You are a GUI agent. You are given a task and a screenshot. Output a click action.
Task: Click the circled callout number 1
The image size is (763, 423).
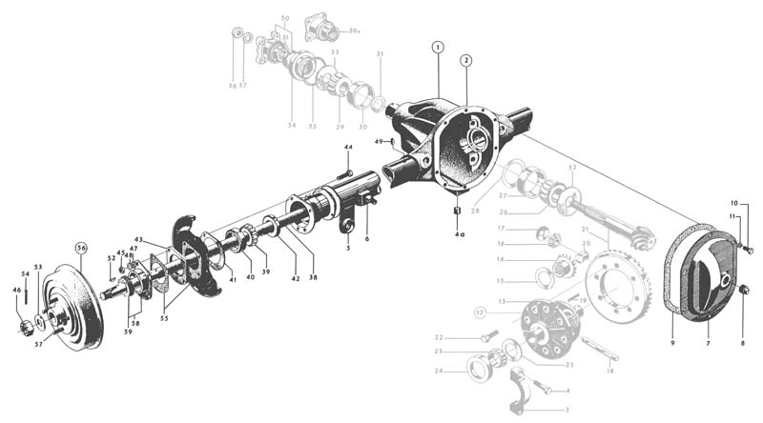pyautogui.click(x=437, y=47)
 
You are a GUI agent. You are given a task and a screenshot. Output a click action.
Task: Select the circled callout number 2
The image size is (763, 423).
pyautogui.click(x=465, y=60)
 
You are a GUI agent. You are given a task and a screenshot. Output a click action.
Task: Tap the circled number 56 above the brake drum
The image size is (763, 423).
pyautogui.click(x=81, y=249)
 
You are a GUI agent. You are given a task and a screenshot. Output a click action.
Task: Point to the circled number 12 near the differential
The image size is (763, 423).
pyautogui.click(x=481, y=312)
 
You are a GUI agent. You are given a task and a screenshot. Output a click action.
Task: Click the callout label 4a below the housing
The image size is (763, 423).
pyautogui.click(x=459, y=232)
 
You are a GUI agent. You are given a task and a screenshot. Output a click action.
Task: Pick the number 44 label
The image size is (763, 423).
pyautogui.click(x=348, y=148)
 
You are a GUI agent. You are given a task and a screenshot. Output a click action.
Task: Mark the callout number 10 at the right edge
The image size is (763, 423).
pyautogui.click(x=734, y=203)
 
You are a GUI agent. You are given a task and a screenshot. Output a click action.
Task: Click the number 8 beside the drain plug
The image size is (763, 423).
pyautogui.click(x=742, y=342)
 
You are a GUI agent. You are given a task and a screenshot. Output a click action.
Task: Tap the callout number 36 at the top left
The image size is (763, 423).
pyautogui.click(x=232, y=86)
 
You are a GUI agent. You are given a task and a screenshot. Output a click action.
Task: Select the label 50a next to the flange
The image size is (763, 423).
pyautogui.click(x=354, y=31)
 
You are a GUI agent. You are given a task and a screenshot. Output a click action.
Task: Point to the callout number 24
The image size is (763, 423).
pyautogui.click(x=438, y=370)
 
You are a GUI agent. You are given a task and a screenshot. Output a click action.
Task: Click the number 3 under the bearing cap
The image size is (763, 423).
pyautogui.click(x=567, y=411)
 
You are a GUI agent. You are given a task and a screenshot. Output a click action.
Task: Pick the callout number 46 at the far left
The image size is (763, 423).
pyautogui.click(x=16, y=290)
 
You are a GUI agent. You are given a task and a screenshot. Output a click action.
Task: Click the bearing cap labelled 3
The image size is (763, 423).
pyautogui.click(x=522, y=386)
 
